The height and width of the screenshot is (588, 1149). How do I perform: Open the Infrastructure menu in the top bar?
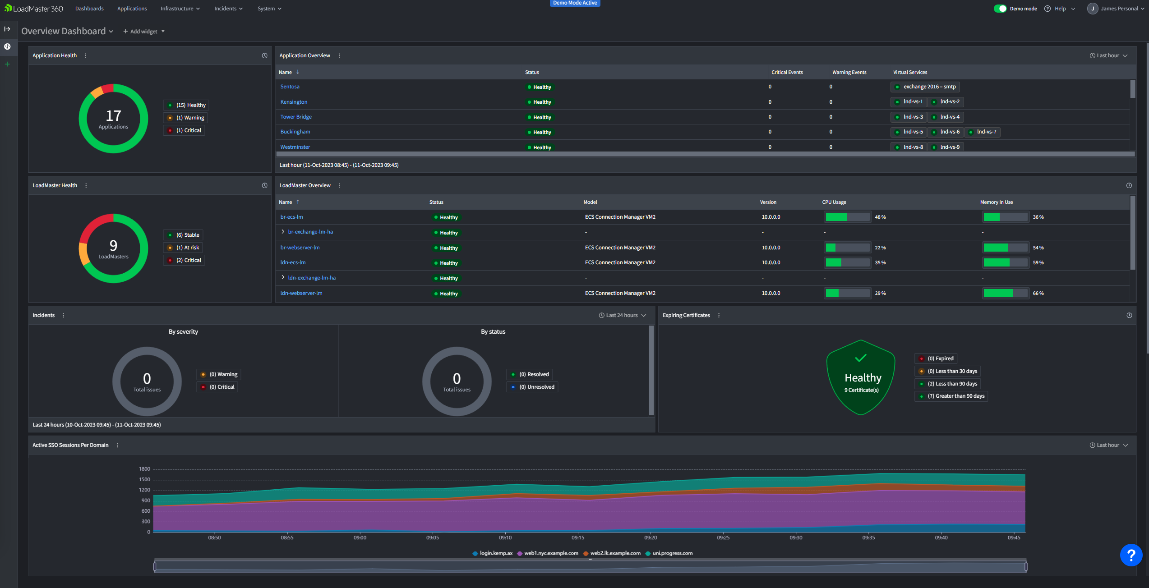point(180,9)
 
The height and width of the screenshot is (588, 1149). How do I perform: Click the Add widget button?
point(144,32)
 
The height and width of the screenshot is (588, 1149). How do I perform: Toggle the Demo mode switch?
point(1000,9)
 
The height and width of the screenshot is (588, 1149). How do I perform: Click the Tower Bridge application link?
point(296,117)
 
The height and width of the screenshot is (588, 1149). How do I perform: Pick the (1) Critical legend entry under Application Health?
point(184,130)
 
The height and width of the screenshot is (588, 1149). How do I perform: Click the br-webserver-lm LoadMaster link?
point(300,248)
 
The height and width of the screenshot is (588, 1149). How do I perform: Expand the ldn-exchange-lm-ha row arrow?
point(283,277)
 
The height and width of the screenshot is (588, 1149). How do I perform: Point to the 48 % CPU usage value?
point(880,217)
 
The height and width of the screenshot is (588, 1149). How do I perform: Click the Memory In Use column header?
point(996,202)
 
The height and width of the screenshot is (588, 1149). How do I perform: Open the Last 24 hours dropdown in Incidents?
point(622,315)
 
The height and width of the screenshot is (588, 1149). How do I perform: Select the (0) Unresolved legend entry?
point(532,387)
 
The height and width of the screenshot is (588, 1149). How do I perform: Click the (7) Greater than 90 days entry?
point(951,396)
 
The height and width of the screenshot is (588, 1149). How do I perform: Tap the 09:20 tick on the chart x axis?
point(651,537)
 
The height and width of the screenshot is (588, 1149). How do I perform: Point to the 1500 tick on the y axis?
point(144,479)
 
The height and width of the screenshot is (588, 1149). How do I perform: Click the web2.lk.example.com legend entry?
point(612,553)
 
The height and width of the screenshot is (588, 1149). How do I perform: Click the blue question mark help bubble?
point(1131,555)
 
